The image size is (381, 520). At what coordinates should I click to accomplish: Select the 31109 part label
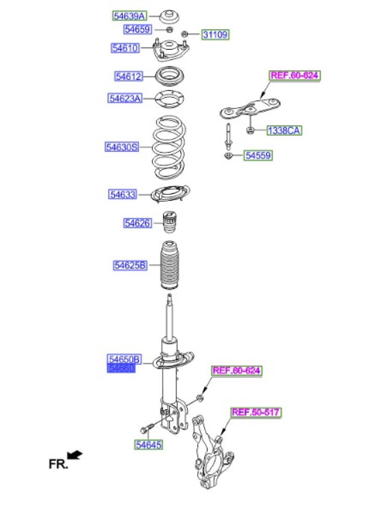coord(215,35)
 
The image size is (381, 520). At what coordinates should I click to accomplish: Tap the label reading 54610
coord(125,48)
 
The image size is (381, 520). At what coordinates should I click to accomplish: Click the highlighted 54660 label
coord(121,368)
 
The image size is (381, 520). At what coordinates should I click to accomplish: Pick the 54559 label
coord(258,155)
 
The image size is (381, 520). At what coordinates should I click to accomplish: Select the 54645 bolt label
coord(148,445)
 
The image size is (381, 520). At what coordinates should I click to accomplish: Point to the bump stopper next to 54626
coord(170,224)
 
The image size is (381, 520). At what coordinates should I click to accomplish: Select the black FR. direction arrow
coord(75,455)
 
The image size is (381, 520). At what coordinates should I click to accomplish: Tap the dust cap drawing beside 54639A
coord(170,17)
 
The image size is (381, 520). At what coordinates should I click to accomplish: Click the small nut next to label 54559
coord(228,155)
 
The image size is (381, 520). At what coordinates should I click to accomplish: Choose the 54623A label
coord(125,98)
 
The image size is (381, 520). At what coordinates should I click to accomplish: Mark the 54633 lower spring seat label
coord(123,194)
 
